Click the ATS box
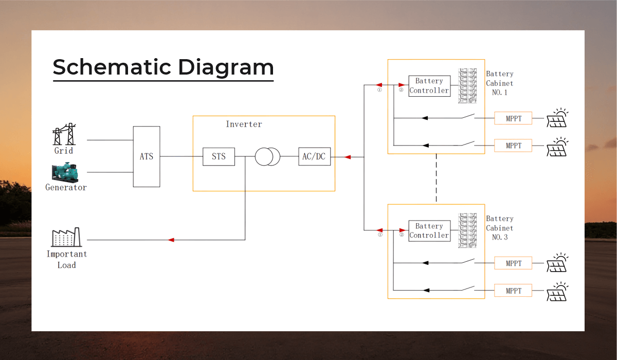point(147,156)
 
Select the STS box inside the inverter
point(219,156)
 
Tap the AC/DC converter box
point(313,156)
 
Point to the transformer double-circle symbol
point(267,156)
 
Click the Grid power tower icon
point(64,135)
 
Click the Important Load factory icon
point(66,238)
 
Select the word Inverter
point(244,124)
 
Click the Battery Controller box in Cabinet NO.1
point(429,86)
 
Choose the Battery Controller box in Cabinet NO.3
point(429,231)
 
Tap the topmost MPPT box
point(513,118)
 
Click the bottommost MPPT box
point(513,291)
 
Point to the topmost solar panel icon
point(557,118)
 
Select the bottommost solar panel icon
point(557,291)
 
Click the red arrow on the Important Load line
point(171,240)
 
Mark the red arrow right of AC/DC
point(348,157)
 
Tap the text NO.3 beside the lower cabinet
point(499,238)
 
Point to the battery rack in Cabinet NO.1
point(468,86)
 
